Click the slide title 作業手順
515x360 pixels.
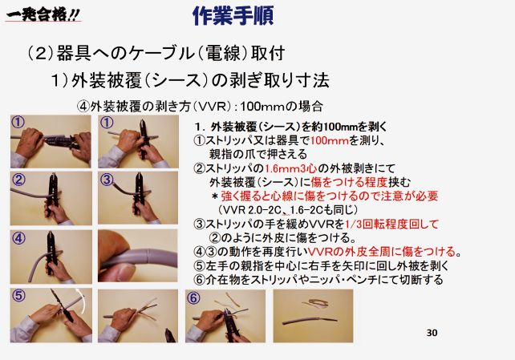click(233, 15)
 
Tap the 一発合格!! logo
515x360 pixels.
click(43, 14)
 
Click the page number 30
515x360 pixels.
click(432, 333)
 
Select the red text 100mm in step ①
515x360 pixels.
click(329, 141)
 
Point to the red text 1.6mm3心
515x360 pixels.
click(290, 168)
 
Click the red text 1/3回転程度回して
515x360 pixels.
click(391, 224)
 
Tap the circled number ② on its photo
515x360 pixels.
click(18, 180)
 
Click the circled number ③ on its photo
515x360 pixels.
click(107, 180)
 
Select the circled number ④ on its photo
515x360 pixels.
click(18, 238)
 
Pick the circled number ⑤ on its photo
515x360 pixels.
click(18, 295)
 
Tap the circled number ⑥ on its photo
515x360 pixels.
click(193, 298)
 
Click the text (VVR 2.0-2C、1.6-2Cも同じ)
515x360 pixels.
click(287, 210)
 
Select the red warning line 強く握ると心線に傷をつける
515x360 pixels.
click(330, 196)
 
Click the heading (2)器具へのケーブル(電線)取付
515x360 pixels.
click(156, 53)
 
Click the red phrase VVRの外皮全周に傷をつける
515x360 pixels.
click(382, 252)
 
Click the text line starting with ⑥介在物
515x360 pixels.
click(318, 280)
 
